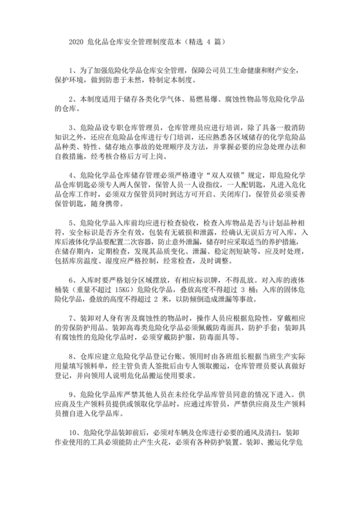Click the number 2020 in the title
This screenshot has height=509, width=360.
[x=76, y=40]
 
